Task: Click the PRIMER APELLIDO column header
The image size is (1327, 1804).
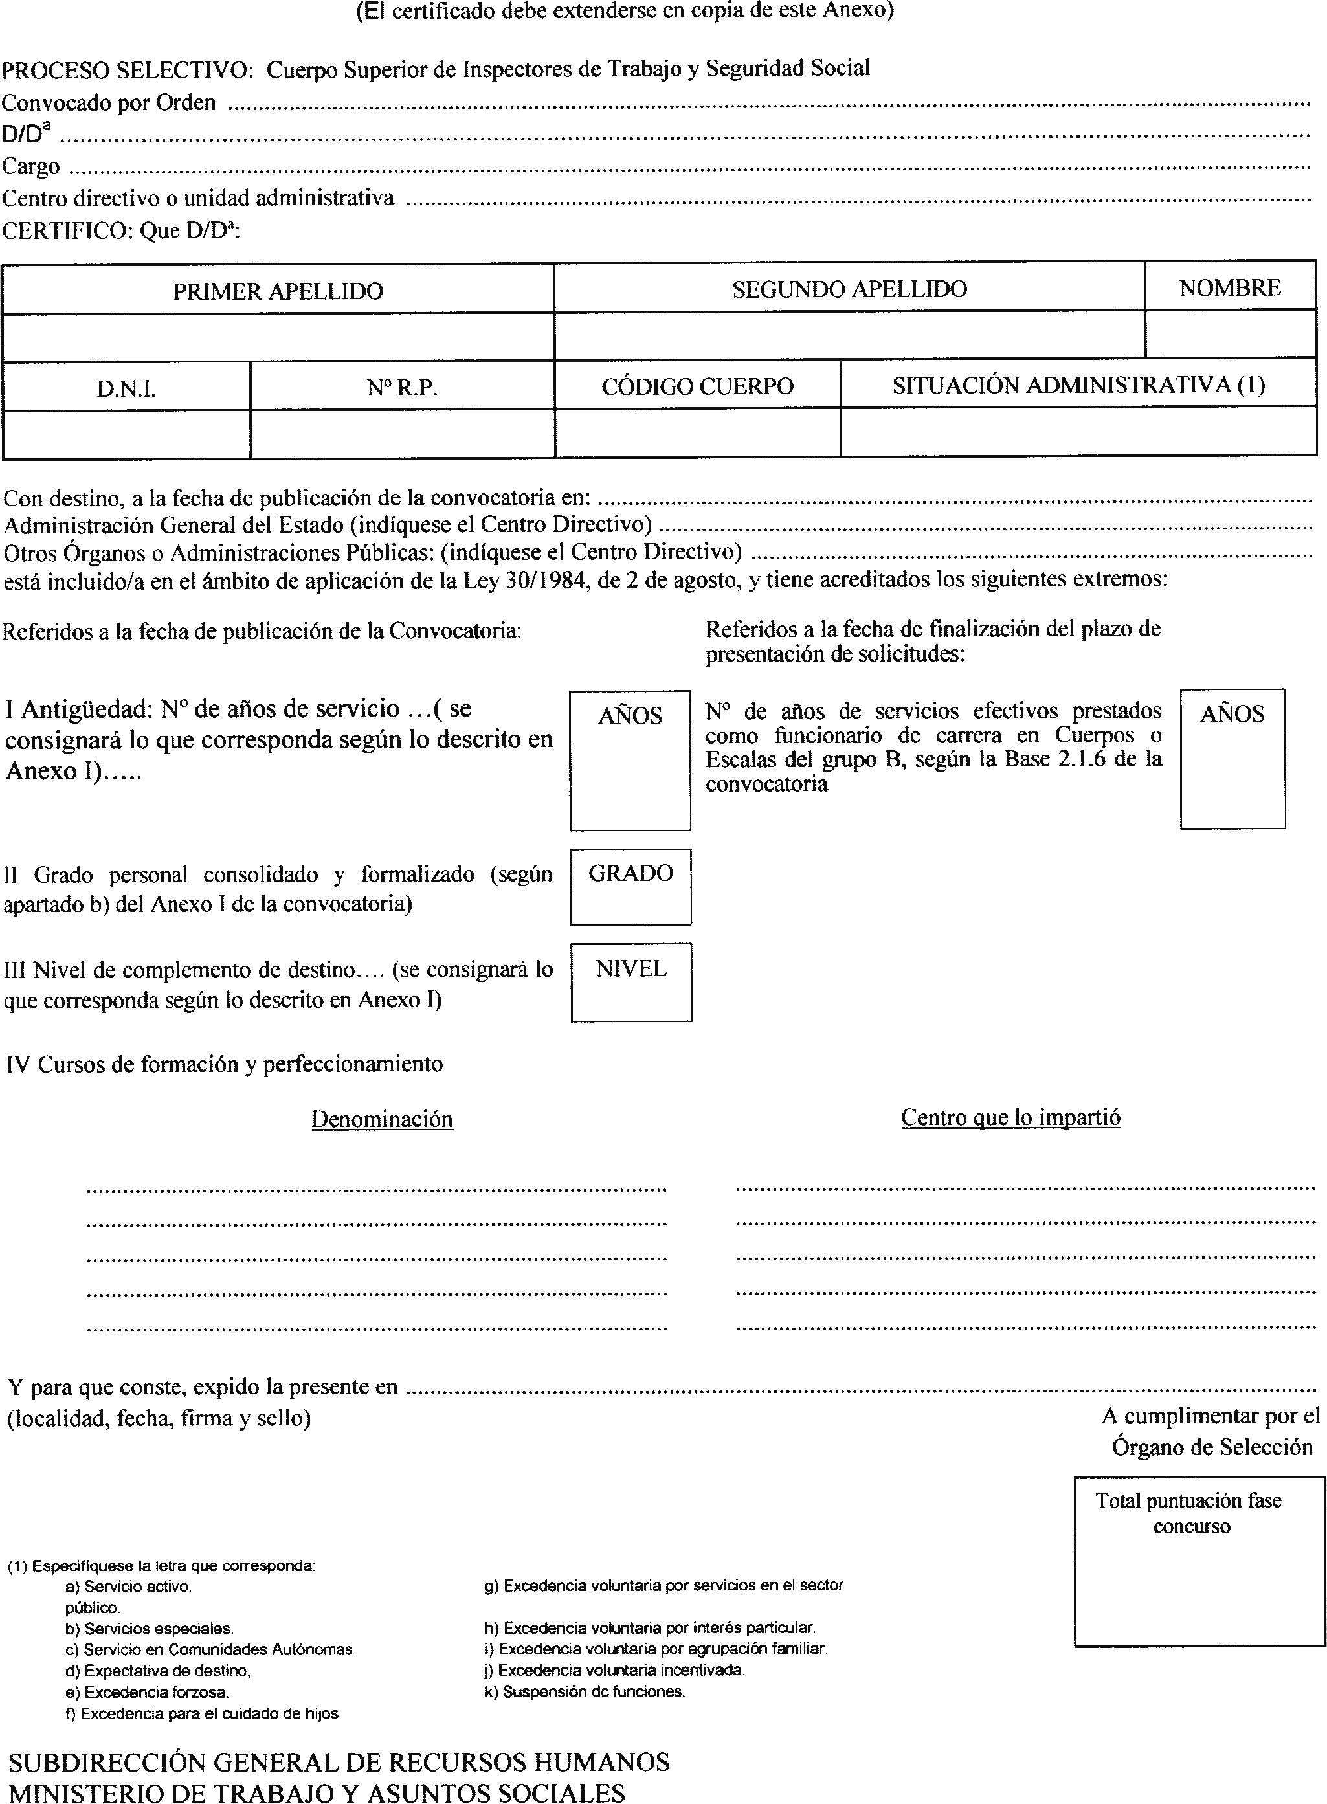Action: pos(278,291)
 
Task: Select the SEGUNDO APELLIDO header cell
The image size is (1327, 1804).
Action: pos(849,289)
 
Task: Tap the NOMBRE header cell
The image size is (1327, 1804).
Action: pos(1229,287)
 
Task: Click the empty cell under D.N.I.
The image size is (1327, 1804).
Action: pos(126,434)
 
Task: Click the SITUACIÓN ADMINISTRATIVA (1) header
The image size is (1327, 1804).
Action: pos(1078,386)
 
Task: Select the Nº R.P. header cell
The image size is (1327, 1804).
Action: pos(401,388)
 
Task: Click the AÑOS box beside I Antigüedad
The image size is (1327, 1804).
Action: pos(630,760)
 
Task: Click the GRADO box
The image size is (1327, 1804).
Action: pos(630,887)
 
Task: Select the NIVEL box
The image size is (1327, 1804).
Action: pos(630,981)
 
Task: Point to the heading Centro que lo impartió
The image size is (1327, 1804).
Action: pos(1010,1117)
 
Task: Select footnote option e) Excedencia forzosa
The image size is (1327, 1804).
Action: pos(147,1691)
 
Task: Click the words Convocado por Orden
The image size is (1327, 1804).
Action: pos(109,103)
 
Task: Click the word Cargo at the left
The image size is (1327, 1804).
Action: pos(30,166)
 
